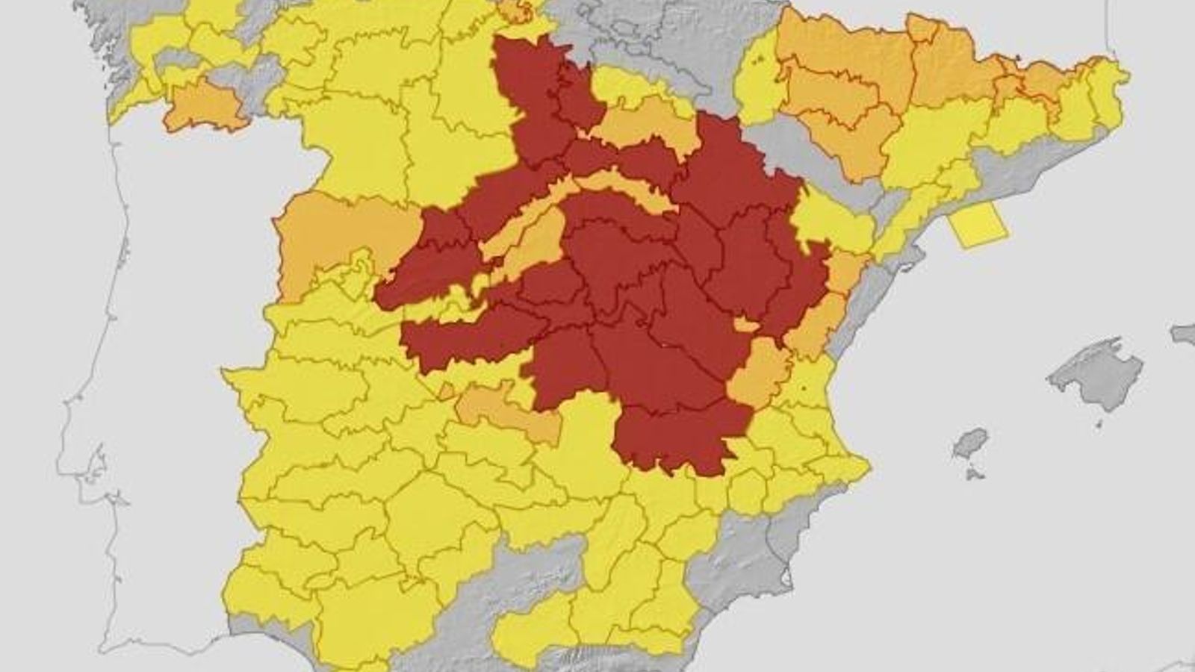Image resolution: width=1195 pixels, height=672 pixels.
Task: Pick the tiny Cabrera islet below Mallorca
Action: click(x=1099, y=423)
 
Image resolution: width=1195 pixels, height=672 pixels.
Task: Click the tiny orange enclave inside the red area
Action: click(x=745, y=324)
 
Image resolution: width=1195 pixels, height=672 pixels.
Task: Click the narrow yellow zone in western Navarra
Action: click(x=754, y=82)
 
